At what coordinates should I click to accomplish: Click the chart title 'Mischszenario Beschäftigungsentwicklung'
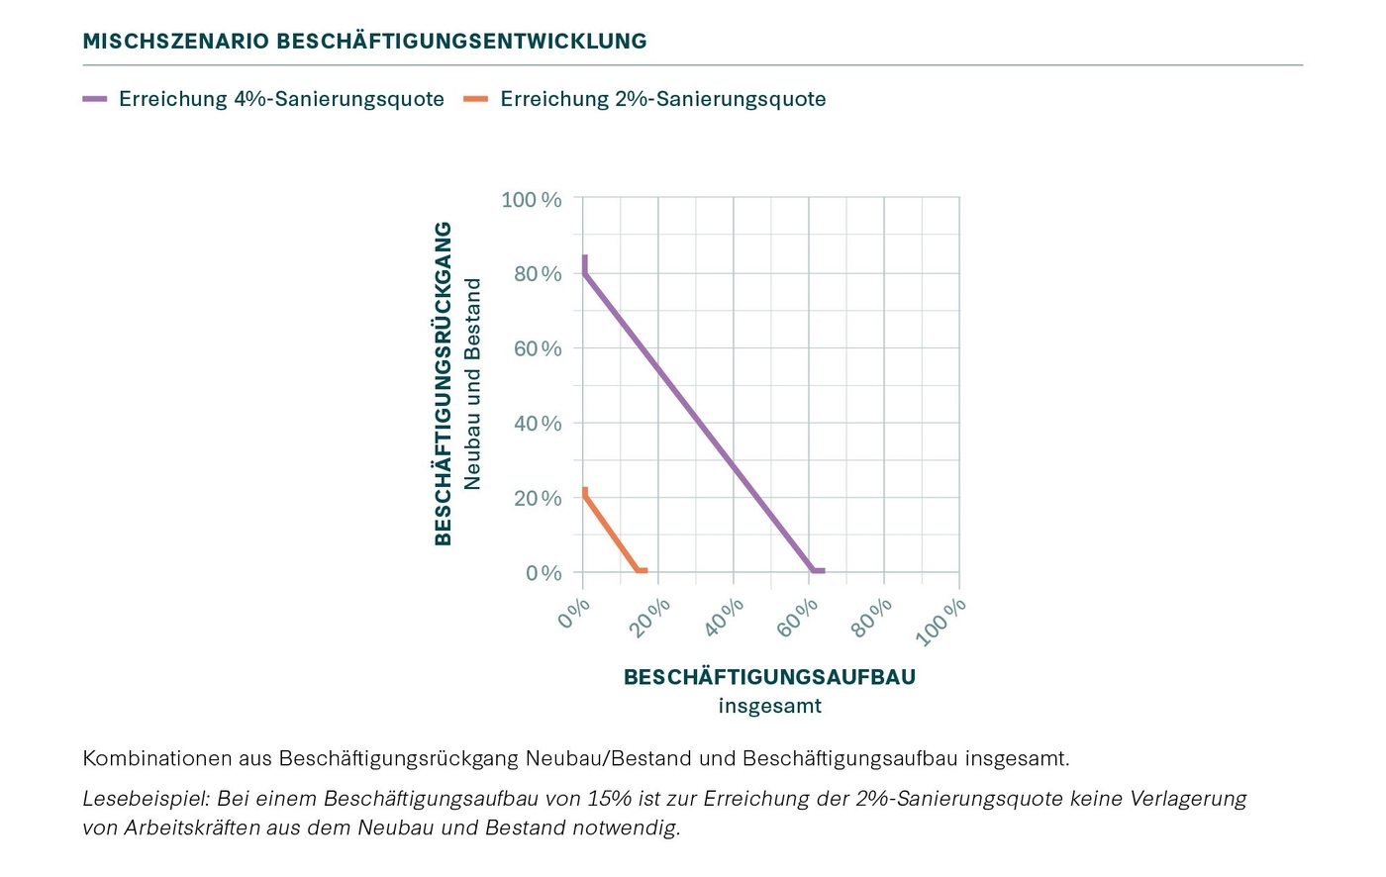coord(364,42)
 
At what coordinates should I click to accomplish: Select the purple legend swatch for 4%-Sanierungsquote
coord(95,99)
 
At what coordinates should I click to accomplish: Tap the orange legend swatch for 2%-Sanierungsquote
coord(476,99)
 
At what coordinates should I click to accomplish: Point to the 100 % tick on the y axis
coord(532,200)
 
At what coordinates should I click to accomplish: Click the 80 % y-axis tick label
coord(538,274)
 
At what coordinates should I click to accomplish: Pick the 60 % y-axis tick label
coord(538,348)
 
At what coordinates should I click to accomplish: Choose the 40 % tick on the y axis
coord(538,424)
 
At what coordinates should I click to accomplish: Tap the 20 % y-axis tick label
coord(538,498)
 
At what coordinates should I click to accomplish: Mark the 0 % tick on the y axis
coord(544,573)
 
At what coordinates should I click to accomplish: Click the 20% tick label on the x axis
coord(650,618)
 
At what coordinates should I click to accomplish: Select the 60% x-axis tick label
coord(798,618)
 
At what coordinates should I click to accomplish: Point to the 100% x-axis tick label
coord(940,622)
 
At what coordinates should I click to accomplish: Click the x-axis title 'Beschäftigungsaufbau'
coord(769,677)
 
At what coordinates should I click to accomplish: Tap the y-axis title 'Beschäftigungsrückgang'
coord(444,383)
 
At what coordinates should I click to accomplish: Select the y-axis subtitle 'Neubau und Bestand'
coord(472,383)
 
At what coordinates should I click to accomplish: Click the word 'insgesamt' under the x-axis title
coord(769,706)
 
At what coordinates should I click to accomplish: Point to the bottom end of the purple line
coord(821,571)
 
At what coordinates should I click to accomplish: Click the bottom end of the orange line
coord(644,571)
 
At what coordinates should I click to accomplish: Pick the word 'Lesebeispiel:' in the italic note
coord(147,798)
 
